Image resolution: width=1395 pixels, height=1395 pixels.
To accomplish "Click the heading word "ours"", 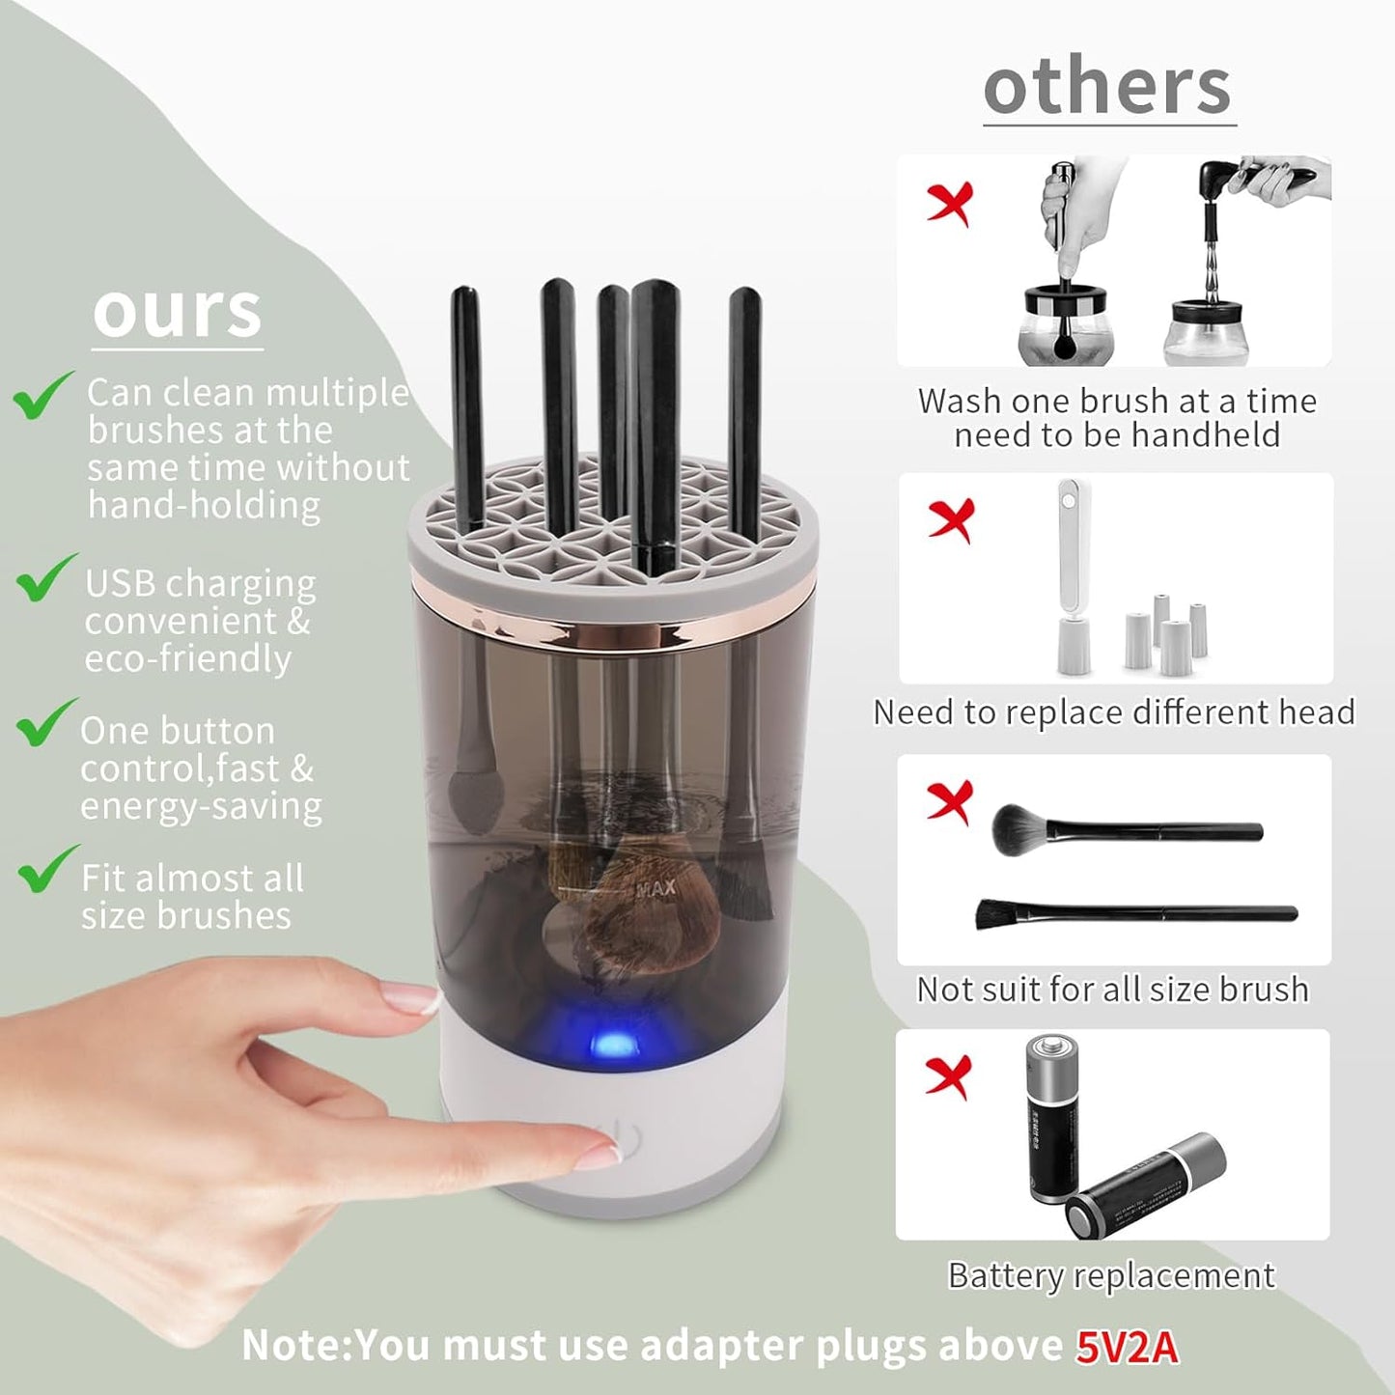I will tap(178, 311).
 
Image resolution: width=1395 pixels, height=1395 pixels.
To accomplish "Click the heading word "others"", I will tap(1107, 87).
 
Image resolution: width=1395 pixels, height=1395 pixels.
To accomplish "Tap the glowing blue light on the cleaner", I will tap(608, 1043).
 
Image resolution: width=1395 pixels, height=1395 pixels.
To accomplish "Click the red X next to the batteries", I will tap(947, 1076).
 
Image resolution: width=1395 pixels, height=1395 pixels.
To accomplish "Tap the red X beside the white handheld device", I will tap(950, 520).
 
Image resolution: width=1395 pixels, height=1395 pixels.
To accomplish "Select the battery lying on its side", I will tap(1146, 1186).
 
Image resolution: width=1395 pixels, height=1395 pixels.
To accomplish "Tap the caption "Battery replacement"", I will tap(1111, 1275).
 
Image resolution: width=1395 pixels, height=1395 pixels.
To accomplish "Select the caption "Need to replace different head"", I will tap(1114, 712).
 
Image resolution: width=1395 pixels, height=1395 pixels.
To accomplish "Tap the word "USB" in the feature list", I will tap(120, 584).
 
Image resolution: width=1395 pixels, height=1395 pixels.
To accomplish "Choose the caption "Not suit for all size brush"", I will tap(1112, 990).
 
